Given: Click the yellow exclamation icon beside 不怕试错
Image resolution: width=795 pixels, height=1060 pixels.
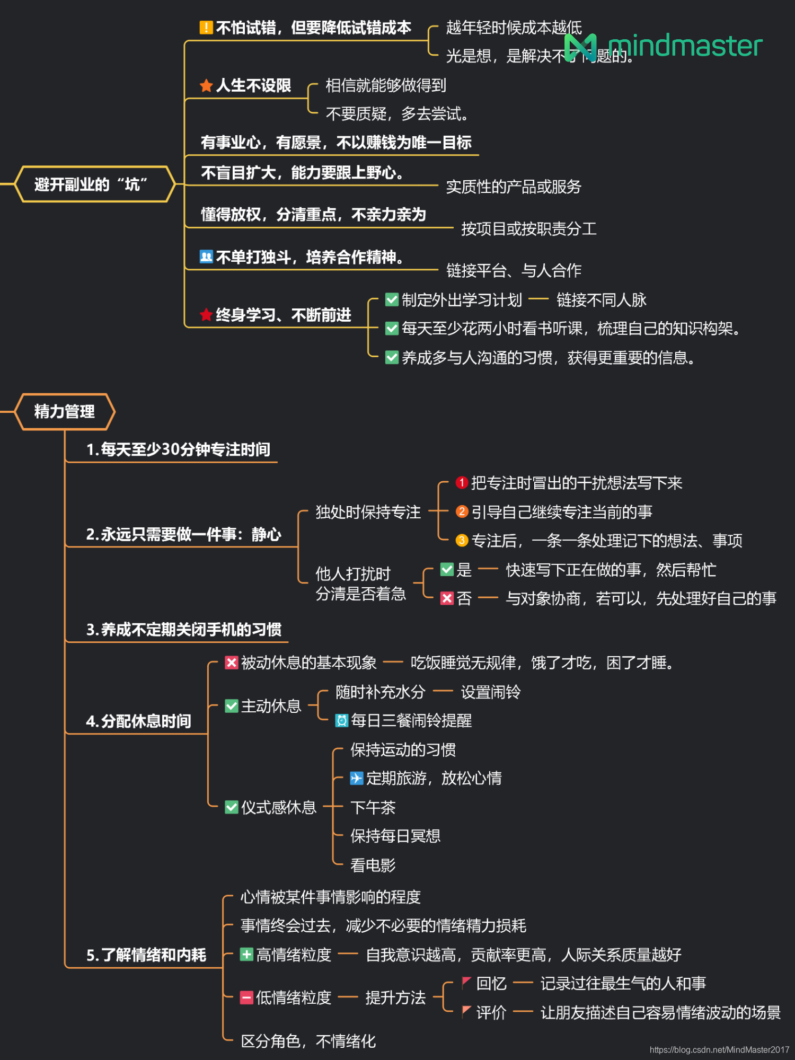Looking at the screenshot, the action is click(x=206, y=28).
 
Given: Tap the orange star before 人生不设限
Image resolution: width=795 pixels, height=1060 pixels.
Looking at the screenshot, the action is click(x=206, y=86).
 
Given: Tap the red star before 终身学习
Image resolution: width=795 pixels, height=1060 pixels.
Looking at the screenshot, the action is click(x=206, y=315).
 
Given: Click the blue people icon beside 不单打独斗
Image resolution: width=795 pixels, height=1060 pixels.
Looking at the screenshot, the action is click(x=206, y=257).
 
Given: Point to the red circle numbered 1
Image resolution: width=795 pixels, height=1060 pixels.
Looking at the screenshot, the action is click(x=462, y=483).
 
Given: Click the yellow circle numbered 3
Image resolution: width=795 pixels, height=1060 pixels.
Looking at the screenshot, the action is click(x=462, y=541).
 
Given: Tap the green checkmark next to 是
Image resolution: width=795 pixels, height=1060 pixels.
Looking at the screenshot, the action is click(x=447, y=570).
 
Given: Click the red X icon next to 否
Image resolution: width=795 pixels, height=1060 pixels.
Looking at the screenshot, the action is click(x=447, y=598).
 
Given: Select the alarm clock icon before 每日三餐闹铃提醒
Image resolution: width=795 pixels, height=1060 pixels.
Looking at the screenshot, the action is click(x=342, y=720).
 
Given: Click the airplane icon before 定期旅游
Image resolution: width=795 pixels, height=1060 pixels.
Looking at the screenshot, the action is click(x=357, y=778).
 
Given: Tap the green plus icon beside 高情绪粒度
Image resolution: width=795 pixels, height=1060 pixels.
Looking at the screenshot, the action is click(x=246, y=955).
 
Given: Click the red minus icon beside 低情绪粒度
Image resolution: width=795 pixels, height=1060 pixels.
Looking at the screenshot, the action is click(x=246, y=998).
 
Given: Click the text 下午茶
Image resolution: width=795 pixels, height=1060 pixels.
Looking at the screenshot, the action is click(x=373, y=808).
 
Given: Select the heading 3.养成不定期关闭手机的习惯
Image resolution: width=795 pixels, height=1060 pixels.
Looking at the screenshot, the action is click(x=183, y=630).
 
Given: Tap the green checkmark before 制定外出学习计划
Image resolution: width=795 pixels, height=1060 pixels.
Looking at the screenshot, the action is click(x=392, y=300).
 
